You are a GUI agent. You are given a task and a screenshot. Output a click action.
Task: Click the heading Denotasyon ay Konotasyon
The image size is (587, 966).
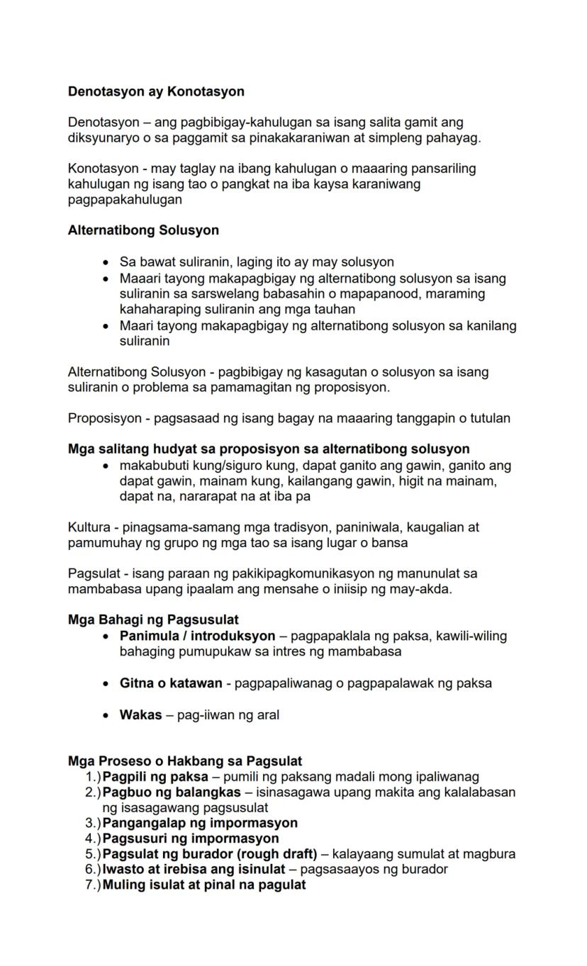[156, 91]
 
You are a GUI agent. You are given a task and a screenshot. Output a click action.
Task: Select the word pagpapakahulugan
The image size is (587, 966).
[125, 200]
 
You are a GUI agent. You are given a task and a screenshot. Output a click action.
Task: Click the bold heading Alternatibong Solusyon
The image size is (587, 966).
[143, 230]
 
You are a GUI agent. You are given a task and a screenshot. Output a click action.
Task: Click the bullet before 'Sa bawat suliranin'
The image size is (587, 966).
[106, 262]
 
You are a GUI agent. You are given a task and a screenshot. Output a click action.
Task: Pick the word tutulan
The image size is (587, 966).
[488, 418]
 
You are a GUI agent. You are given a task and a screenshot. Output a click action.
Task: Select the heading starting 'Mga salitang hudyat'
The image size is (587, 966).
[269, 449]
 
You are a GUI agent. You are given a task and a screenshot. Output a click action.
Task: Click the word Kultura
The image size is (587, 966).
[89, 527]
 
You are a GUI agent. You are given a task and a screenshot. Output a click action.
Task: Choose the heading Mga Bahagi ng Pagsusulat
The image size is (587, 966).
[153, 620]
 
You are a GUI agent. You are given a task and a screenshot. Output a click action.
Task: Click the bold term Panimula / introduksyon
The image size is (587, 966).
[197, 636]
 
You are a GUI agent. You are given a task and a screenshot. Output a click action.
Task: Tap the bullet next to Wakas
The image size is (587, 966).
[106, 715]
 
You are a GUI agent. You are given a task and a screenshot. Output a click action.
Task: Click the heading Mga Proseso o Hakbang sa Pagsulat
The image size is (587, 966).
[185, 762]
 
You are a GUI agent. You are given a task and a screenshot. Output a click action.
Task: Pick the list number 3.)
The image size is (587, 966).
[93, 823]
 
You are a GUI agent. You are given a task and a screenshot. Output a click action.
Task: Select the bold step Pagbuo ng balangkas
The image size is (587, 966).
[172, 792]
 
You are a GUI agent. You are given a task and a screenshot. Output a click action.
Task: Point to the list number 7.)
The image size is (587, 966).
[93, 884]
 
